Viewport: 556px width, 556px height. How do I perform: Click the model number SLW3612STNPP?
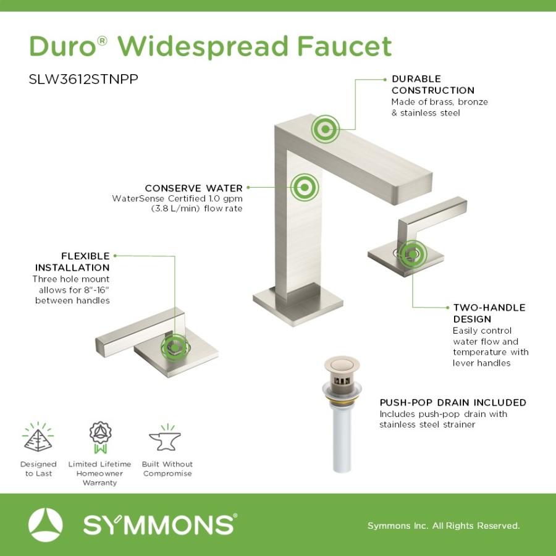(x=83, y=79)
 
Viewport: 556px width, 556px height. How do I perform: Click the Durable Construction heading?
(x=432, y=85)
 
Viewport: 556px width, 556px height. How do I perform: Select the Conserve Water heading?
(x=193, y=188)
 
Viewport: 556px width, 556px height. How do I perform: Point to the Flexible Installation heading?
(x=72, y=262)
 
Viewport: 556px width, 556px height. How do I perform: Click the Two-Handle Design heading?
(x=489, y=313)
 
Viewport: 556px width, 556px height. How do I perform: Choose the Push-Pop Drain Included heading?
(x=453, y=402)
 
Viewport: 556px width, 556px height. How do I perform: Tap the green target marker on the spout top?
(x=325, y=129)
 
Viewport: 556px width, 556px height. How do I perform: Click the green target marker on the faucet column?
(x=305, y=187)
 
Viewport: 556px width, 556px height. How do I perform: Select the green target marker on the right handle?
(x=413, y=254)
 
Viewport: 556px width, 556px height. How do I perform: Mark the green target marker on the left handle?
(x=175, y=348)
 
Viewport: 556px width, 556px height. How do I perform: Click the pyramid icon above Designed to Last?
(x=38, y=437)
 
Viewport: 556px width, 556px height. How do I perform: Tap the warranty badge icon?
(x=100, y=437)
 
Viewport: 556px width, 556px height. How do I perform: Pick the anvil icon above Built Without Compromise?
(x=165, y=438)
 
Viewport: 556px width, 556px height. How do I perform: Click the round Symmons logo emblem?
(x=45, y=524)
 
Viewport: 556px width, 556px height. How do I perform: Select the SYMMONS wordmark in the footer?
(x=160, y=524)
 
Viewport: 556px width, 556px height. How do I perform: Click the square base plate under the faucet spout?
(x=298, y=304)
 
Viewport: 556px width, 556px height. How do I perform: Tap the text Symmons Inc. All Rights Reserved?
(x=443, y=526)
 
